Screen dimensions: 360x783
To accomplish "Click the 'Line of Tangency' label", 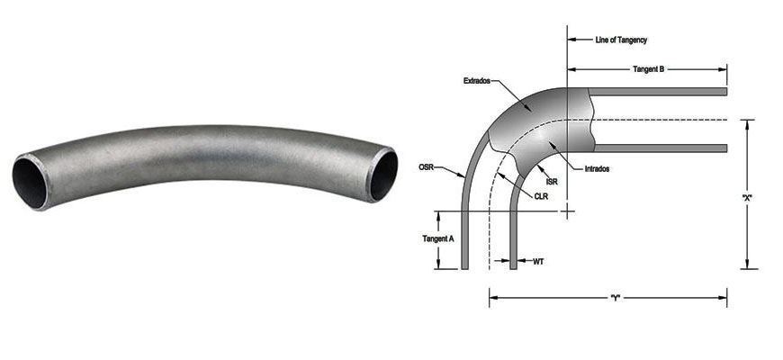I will [621, 40].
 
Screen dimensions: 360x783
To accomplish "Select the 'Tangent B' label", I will [648, 68].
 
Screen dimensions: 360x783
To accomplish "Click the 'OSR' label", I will [429, 166].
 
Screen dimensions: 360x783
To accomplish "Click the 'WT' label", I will [538, 262].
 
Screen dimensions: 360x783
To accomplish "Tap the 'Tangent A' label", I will [438, 239].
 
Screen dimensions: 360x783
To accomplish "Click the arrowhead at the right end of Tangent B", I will [723, 68].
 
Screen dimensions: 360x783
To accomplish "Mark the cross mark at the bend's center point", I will [566, 211].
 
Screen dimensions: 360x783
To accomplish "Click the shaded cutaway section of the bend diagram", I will [540, 126].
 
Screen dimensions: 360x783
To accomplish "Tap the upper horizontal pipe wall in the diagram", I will [661, 92].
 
